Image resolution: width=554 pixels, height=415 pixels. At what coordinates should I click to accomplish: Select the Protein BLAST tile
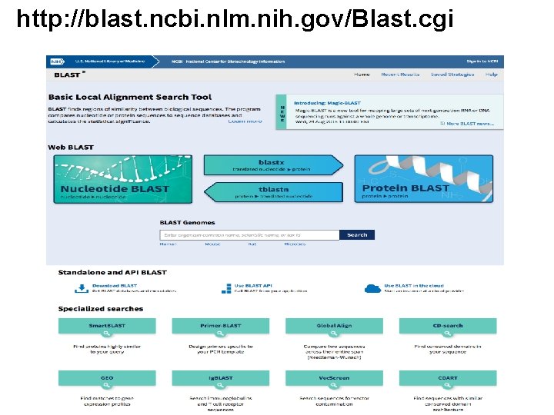pos(422,178)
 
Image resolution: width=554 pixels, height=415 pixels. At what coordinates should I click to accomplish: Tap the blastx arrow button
pos(272,165)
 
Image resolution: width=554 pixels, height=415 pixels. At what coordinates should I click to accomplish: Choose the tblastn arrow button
pos(272,192)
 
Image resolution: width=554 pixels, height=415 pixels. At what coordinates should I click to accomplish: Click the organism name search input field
pos(249,235)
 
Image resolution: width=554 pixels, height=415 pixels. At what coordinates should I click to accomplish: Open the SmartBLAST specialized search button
pos(107,326)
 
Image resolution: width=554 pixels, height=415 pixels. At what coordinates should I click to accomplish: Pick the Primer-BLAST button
pos(221,326)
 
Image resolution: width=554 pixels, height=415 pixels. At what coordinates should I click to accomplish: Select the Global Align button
pos(334,326)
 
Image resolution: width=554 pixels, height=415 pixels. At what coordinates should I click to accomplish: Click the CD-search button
pos(447,326)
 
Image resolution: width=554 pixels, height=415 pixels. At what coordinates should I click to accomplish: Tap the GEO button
pos(107,378)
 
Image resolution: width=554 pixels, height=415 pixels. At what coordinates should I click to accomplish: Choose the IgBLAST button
pos(221,378)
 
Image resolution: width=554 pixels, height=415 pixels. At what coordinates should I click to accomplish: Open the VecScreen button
pos(334,378)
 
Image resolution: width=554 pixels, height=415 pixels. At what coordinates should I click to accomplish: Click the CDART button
pos(447,378)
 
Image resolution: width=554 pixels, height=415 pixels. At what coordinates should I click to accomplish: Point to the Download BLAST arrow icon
pos(80,288)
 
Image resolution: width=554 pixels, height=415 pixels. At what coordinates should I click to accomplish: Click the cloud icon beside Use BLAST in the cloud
pos(372,288)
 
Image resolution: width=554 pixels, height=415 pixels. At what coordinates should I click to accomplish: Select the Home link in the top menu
pos(362,75)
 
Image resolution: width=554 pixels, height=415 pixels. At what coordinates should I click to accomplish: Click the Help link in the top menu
pos(492,75)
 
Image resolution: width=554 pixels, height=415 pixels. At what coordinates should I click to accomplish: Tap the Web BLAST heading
pos(71,147)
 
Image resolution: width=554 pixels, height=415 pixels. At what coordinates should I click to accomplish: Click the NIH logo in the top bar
pos(56,61)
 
